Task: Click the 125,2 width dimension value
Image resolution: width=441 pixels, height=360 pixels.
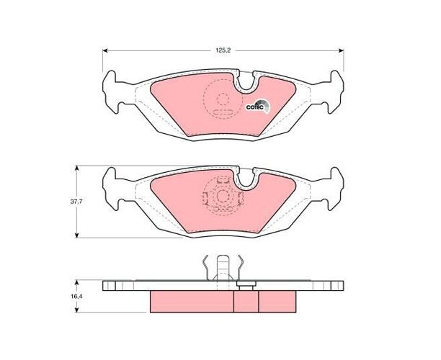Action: click(223, 50)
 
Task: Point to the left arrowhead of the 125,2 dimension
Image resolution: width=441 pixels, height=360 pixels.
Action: click(105, 50)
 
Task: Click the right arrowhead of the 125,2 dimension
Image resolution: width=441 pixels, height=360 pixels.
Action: click(341, 50)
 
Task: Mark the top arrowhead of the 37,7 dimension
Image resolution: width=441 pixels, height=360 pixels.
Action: click(77, 168)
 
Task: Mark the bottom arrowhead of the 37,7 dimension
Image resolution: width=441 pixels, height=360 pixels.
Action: click(77, 235)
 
